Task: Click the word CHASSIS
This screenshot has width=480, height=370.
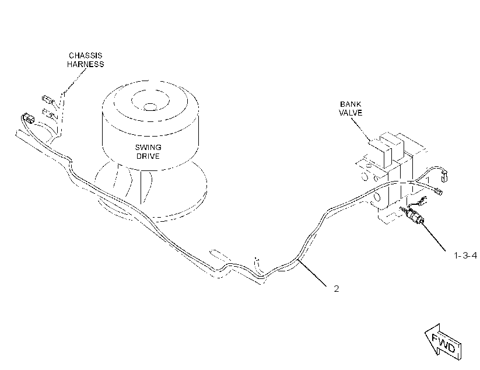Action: point(85,55)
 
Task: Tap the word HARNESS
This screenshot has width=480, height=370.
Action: point(85,64)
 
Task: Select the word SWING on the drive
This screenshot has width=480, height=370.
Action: point(148,147)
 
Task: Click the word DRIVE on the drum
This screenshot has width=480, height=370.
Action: point(148,156)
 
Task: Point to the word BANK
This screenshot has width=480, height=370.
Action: point(351,104)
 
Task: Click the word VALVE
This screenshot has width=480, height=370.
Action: point(351,113)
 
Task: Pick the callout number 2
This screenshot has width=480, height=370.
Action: point(337,289)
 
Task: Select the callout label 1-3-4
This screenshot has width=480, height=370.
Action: point(465,256)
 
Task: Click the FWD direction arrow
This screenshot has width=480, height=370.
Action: point(443,342)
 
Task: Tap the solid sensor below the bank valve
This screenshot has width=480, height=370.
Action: point(412,215)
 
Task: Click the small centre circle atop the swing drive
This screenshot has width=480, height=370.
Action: point(150,107)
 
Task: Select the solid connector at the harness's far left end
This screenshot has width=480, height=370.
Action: point(27,118)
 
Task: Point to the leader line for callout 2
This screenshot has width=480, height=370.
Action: point(312,273)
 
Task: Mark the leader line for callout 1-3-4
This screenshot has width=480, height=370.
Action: point(434,238)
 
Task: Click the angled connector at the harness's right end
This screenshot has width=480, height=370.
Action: point(439,192)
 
